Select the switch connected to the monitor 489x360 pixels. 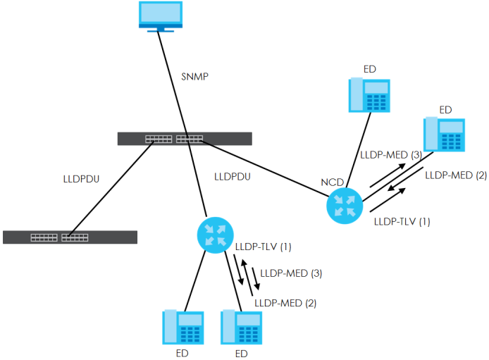point(185,139)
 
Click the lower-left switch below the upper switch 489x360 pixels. point(70,237)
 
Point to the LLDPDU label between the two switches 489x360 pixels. point(81,178)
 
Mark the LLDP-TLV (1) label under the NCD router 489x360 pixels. point(401,221)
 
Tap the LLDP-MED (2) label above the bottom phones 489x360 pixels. point(285,303)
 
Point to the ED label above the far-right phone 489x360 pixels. point(445,109)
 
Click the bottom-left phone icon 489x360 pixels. point(183,327)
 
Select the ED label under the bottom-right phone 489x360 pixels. point(241,352)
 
